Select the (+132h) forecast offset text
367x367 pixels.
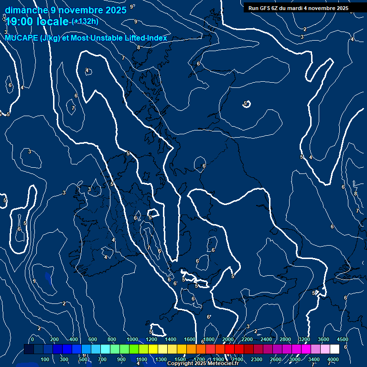85,22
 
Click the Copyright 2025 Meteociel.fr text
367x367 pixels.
203,364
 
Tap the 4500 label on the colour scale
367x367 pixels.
342,339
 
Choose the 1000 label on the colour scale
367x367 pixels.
132,339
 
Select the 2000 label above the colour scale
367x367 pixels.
228,339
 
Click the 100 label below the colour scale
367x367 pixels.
45,359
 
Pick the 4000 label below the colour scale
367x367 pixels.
333,359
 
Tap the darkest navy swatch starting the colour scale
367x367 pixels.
29,349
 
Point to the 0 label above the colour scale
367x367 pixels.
32,339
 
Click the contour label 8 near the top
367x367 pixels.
139,47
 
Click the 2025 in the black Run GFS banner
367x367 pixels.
342,8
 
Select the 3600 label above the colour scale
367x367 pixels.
324,339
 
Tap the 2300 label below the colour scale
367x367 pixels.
257,359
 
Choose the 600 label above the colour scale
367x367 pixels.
93,339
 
